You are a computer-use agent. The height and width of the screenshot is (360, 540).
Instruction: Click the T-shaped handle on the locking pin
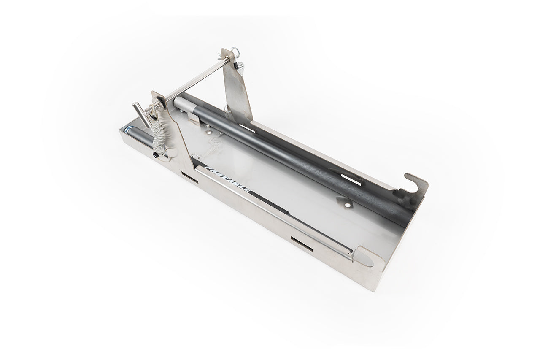coord(141,114)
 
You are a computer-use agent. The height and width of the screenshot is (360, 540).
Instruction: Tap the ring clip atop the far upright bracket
coord(235,52)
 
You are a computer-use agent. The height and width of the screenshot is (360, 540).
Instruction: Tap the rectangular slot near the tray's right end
coord(302,244)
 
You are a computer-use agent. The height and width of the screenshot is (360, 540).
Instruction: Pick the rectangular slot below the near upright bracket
coord(189,177)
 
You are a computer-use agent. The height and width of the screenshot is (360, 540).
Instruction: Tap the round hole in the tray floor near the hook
coord(347,204)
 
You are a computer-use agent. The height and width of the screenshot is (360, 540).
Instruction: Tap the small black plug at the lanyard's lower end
coord(156,155)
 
